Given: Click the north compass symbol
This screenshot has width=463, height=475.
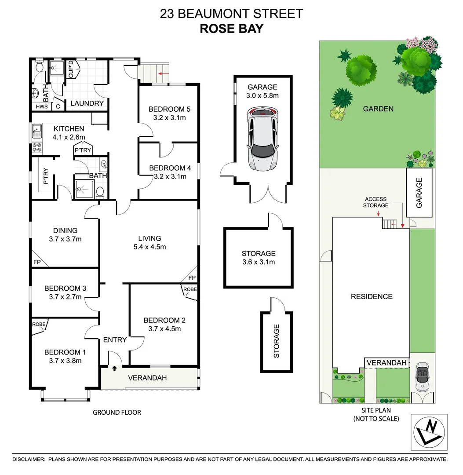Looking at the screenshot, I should click(429, 431).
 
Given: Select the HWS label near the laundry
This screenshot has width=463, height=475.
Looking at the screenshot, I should click(41, 106).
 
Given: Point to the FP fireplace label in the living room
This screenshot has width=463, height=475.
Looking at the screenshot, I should click(191, 278).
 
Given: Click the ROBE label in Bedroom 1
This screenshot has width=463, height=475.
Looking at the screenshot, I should click(38, 325).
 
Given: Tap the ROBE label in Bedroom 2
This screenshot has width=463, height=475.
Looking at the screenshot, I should click(190, 289).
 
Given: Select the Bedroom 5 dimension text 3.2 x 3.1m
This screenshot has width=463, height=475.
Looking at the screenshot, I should click(169, 118).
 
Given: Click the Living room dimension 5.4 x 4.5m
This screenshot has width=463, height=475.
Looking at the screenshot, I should click(149, 247).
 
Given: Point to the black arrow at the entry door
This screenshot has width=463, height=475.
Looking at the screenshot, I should click(115, 369).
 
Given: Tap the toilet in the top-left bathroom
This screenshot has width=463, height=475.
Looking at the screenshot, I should click(39, 67).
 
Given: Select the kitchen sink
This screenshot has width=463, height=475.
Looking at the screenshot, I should click(36, 130).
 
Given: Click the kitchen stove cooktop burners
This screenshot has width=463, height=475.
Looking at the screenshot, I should click(36, 149).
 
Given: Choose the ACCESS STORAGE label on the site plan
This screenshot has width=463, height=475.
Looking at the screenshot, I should click(376, 202).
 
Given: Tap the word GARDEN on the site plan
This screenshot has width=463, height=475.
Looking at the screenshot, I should click(378, 109).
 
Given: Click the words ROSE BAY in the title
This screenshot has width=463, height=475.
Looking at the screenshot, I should click(231, 29).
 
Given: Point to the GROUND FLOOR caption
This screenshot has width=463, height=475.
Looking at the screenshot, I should click(117, 412).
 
